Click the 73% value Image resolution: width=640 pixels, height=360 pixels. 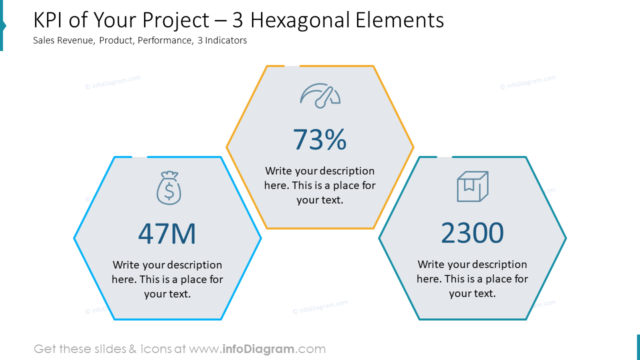tap(319, 139)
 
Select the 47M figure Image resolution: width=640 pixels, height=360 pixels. tap(167, 233)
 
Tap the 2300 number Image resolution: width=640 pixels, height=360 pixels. tap(472, 233)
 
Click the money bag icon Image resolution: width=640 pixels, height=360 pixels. tap(169, 188)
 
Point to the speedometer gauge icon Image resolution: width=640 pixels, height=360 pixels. tap(320, 95)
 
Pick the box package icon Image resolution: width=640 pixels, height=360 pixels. tap(472, 186)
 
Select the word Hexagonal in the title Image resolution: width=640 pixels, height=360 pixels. tap(298, 20)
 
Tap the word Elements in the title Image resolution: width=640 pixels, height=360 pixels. tap(400, 20)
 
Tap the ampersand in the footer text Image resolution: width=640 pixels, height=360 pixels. tap(132, 349)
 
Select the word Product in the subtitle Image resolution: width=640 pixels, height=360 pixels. tap(116, 40)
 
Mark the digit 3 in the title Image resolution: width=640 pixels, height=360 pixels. tap(238, 20)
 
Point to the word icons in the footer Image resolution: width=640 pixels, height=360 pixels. tap(156, 349)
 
